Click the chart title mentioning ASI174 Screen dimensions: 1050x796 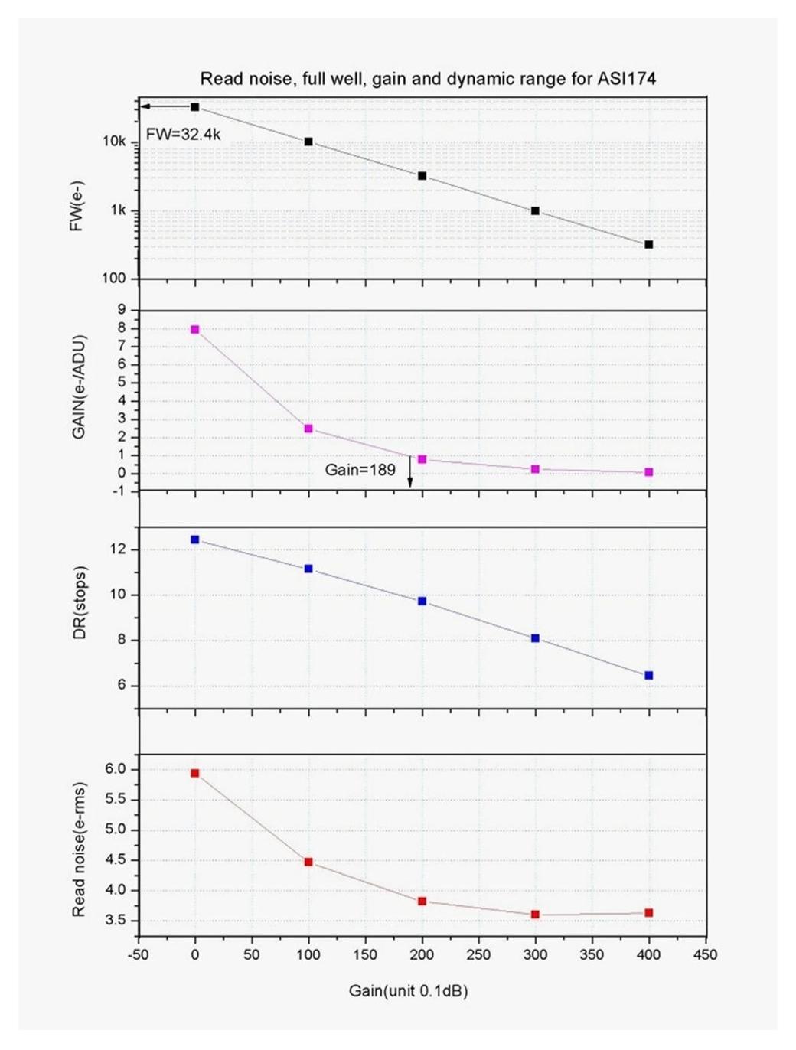coord(428,79)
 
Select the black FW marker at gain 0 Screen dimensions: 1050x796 coord(195,107)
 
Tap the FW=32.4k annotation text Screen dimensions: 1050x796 coord(184,135)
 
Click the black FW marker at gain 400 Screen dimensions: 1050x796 coord(649,245)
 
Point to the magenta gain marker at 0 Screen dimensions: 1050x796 coord(195,330)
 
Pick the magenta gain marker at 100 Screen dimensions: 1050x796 coord(308,429)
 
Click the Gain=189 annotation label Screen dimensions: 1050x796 coord(360,470)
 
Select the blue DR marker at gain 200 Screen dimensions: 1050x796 coord(422,602)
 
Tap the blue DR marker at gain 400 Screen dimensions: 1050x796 coord(649,676)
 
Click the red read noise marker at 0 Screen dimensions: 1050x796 coord(195,774)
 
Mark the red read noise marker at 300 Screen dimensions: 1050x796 coord(535,915)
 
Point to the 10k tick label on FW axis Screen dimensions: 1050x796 coord(114,142)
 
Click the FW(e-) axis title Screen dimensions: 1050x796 coord(77,207)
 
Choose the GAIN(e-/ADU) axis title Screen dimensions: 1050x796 coord(78,386)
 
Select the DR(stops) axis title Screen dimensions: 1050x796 coord(80,602)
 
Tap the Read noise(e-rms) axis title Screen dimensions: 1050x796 coord(78,849)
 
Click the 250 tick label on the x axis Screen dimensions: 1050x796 coord(478,955)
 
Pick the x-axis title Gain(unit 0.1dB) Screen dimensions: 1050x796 coord(408,991)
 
